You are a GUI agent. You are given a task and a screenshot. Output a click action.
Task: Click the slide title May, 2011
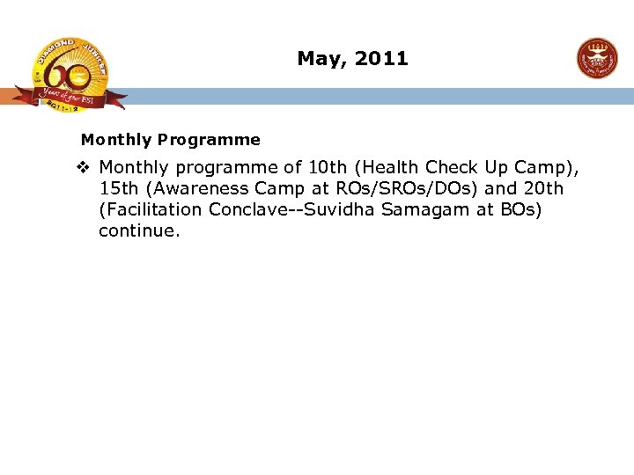point(352,59)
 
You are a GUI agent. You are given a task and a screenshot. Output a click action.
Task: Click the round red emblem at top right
point(597,58)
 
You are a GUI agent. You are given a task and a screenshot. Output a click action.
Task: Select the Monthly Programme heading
point(170,140)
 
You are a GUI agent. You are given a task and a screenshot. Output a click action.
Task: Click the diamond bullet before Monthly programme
point(84,167)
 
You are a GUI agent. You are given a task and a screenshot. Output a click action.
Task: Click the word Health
point(388,167)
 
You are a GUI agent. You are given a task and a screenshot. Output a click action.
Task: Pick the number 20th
point(542,188)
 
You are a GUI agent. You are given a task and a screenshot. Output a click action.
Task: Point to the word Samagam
point(421,210)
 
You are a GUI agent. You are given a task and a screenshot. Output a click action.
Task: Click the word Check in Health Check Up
point(453,167)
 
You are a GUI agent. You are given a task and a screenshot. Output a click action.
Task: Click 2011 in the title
point(382,59)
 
